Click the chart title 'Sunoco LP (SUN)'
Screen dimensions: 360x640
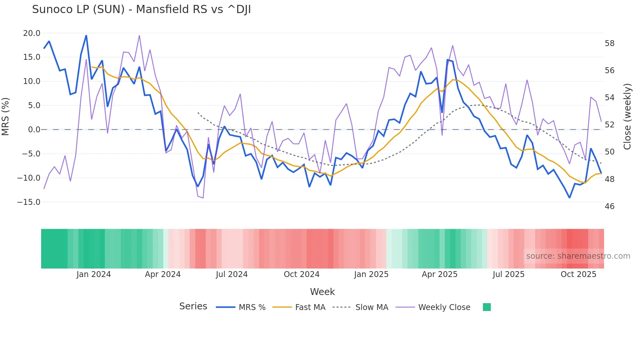[141, 9]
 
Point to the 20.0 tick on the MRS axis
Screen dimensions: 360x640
[32, 33]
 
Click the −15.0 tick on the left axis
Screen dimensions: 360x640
[29, 202]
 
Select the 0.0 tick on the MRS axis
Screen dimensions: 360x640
[34, 130]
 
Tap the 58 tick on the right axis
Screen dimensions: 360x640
[609, 43]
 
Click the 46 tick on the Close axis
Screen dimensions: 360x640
[609, 206]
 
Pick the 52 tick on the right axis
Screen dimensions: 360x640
[609, 125]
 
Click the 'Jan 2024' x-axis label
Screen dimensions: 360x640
[94, 274]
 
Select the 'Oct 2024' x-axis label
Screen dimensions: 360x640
[301, 274]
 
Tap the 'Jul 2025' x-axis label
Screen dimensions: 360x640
[508, 274]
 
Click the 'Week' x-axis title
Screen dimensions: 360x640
[322, 292]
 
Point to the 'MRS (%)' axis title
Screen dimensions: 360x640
[6, 117]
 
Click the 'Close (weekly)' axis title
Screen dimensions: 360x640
[627, 117]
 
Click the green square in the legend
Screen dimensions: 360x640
[487, 307]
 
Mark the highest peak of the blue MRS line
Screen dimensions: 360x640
[86, 36]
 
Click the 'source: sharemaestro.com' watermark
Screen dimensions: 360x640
[578, 256]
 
